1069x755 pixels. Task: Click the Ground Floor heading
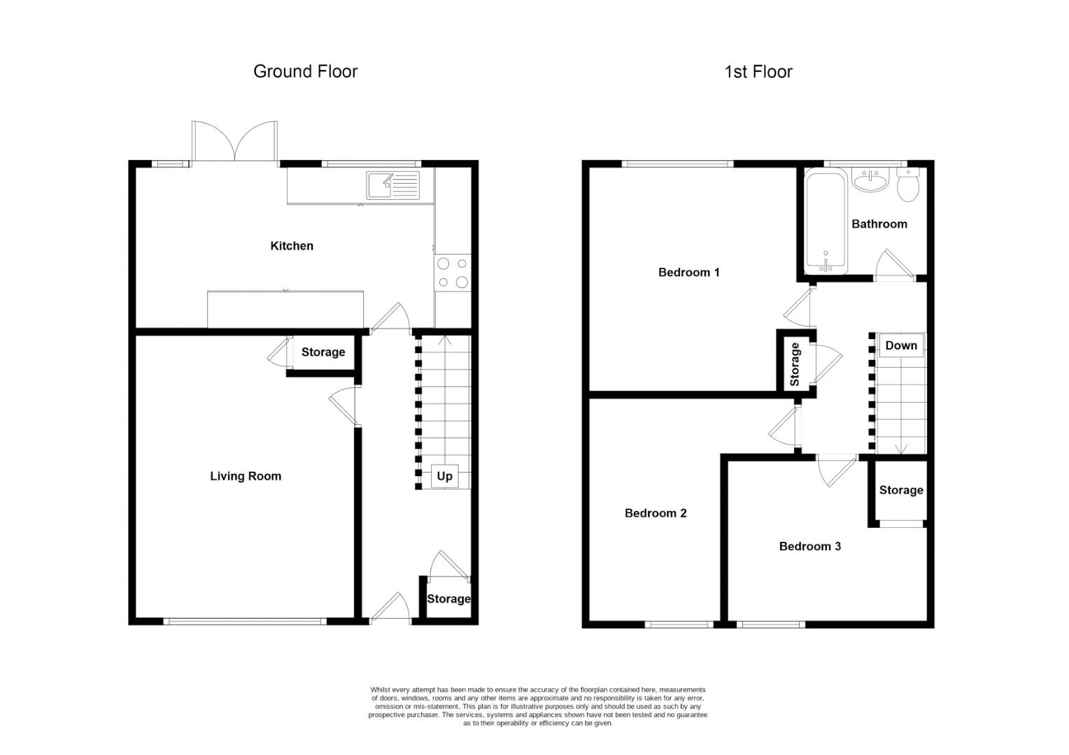(x=305, y=71)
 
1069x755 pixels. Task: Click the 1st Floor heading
(x=758, y=72)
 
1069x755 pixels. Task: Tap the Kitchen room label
(x=292, y=246)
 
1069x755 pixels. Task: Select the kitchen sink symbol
(x=392, y=185)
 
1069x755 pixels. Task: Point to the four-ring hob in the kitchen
(x=452, y=273)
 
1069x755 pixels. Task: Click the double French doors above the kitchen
(x=235, y=143)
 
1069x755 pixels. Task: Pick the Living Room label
(x=246, y=476)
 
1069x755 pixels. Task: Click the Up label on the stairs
(x=444, y=476)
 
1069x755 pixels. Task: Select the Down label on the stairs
(x=900, y=345)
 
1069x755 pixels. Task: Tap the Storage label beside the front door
(x=448, y=598)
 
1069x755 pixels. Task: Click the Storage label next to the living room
(x=323, y=352)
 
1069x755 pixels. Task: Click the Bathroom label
(x=879, y=224)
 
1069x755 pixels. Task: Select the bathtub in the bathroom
(x=826, y=222)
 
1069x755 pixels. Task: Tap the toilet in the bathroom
(x=907, y=185)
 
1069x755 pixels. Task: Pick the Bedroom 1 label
(x=688, y=273)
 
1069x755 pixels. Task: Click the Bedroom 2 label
(x=656, y=513)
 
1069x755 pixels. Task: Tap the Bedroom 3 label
(x=809, y=546)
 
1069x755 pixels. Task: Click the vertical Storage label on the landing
(x=795, y=364)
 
